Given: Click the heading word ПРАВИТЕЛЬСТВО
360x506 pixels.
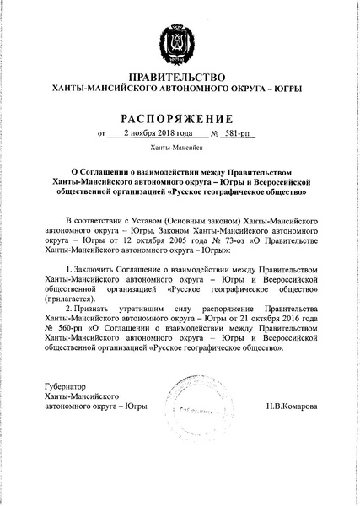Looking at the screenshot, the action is tap(180, 77).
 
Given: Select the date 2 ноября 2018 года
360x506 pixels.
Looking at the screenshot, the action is tap(159, 132).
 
